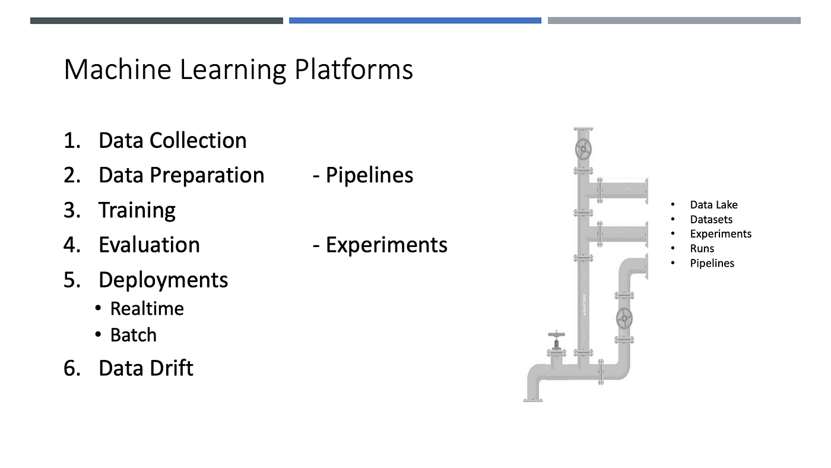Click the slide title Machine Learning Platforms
238,70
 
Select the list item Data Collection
172,141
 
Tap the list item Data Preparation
181,175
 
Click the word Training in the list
137,210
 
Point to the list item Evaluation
149,245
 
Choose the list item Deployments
163,280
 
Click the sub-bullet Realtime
147,309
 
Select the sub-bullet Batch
133,335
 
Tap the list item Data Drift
145,368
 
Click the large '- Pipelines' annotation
363,175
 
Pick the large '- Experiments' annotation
380,245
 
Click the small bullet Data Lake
713,205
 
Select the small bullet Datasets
711,220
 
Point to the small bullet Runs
702,249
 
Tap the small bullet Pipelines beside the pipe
712,263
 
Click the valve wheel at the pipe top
583,149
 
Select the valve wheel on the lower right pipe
624,318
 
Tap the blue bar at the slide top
415,20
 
